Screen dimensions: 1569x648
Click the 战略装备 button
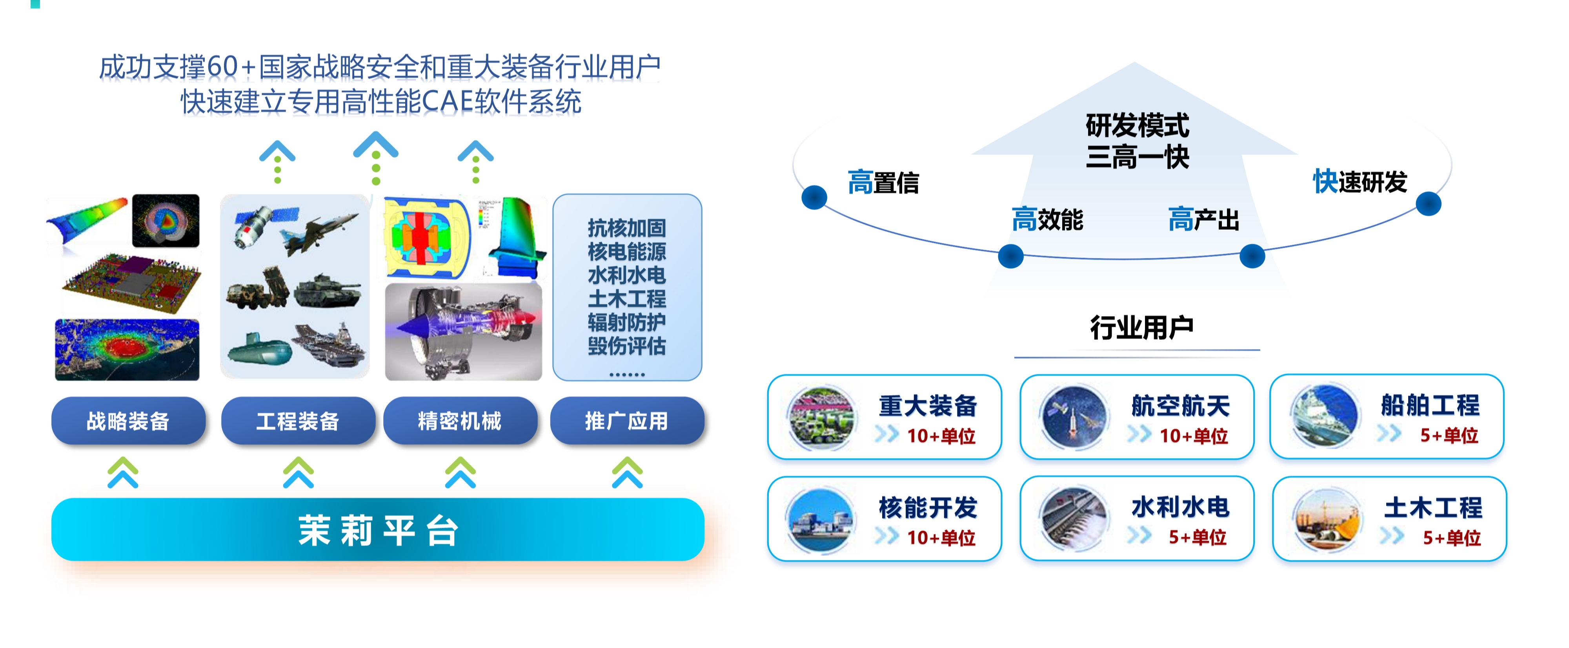point(128,421)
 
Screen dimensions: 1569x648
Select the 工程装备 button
point(298,421)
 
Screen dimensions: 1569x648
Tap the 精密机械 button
point(460,421)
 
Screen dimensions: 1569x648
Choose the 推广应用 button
point(627,421)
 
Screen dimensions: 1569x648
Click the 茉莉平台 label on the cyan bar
point(378,530)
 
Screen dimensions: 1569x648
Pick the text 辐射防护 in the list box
point(627,322)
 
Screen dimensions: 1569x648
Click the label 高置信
point(883,182)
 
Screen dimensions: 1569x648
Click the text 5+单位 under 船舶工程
point(1449,435)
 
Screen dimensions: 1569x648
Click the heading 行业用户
point(1141,328)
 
